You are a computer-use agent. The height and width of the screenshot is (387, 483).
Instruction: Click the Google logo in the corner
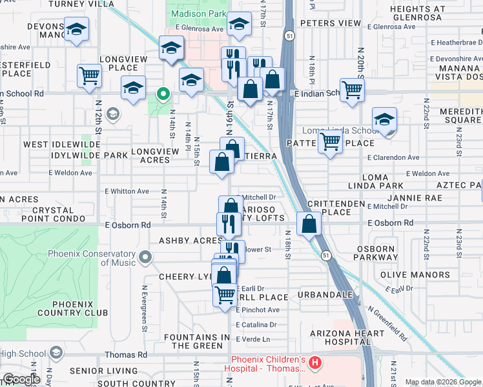[21, 379]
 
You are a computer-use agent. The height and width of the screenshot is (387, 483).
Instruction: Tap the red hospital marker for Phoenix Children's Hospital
[314, 364]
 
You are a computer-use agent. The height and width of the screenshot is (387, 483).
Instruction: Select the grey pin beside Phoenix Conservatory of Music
[145, 258]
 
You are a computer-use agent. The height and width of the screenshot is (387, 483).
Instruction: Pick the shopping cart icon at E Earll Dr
[225, 294]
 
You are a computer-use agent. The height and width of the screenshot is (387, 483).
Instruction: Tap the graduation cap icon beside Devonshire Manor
[77, 30]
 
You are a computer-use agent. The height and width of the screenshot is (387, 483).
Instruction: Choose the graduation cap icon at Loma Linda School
[384, 119]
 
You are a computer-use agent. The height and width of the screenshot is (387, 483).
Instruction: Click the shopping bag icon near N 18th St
[309, 224]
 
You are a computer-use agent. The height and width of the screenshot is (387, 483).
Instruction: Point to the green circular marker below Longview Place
[164, 95]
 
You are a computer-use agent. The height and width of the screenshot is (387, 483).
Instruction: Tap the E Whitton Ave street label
[127, 192]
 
